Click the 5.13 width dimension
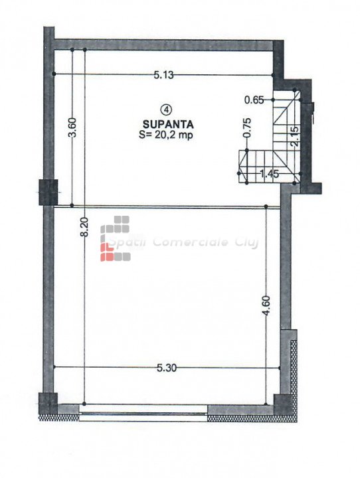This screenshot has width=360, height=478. (163, 75)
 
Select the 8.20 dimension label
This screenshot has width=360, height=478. (84, 226)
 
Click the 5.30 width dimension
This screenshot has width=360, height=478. (167, 368)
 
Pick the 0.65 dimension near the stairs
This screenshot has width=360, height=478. (254, 100)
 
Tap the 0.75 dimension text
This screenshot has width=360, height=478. (248, 127)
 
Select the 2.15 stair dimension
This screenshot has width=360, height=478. (294, 137)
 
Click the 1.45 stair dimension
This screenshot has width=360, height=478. (270, 174)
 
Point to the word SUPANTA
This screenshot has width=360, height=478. (168, 124)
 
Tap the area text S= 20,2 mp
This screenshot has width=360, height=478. (166, 135)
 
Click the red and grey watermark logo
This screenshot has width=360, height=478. (116, 239)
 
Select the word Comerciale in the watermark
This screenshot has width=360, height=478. (191, 242)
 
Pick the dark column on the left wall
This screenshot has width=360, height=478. (48, 192)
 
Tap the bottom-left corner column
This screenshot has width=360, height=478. (48, 403)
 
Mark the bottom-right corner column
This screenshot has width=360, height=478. (284, 404)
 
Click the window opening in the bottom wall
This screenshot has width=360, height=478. (143, 413)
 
